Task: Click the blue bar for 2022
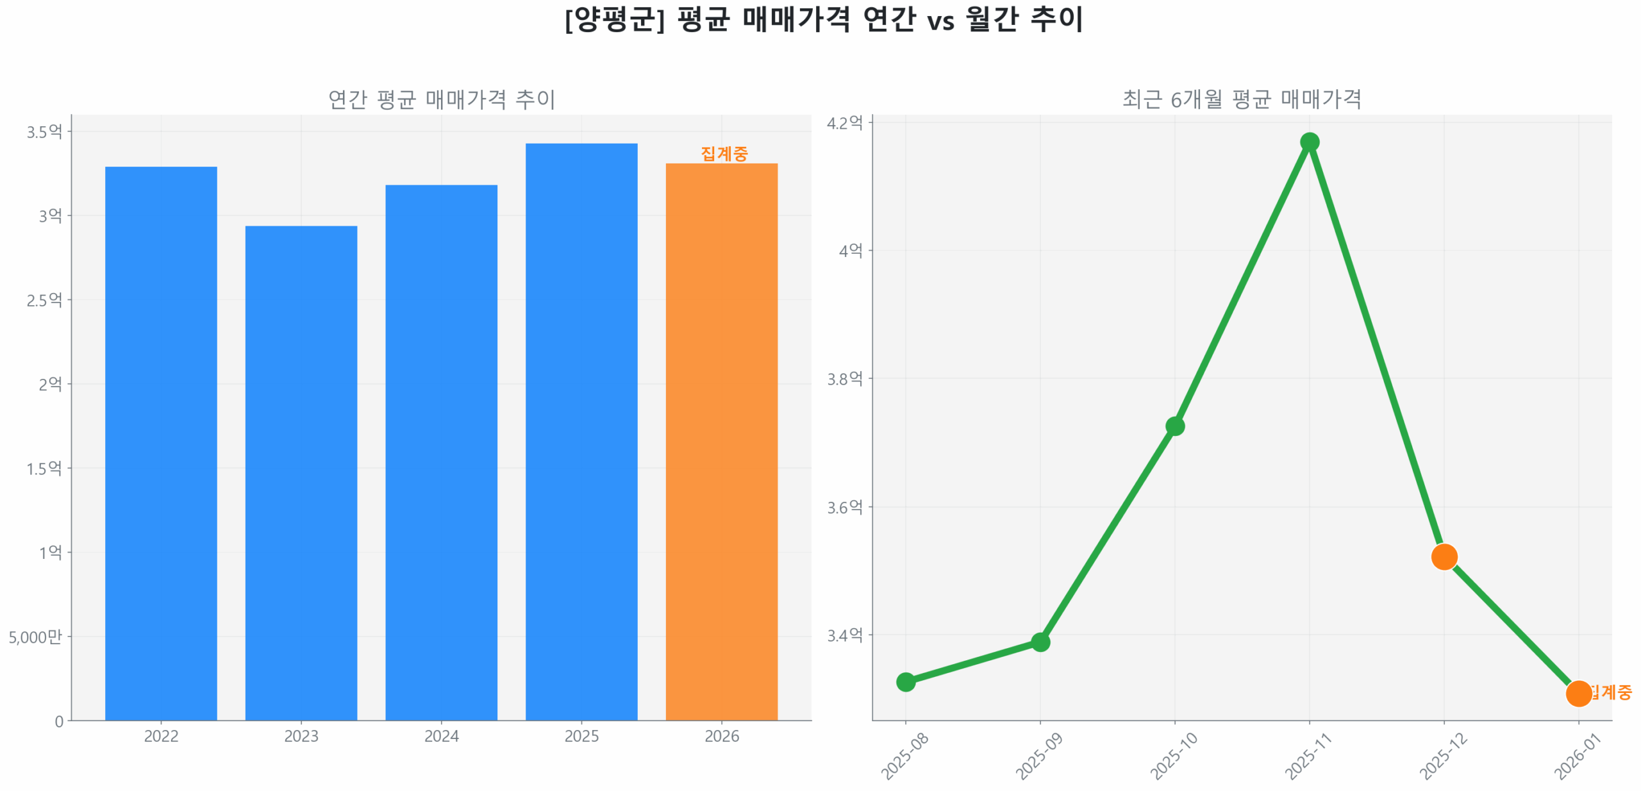pyautogui.click(x=161, y=442)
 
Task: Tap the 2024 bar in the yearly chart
pyautogui.click(x=441, y=452)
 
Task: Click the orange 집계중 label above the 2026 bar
pyautogui.click(x=724, y=153)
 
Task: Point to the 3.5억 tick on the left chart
pyautogui.click(x=44, y=132)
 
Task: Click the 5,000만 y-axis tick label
pyautogui.click(x=35, y=637)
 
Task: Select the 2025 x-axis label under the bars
pyautogui.click(x=581, y=736)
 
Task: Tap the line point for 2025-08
pyautogui.click(x=905, y=681)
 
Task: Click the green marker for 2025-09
pyautogui.click(x=1040, y=642)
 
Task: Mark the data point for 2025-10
pyautogui.click(x=1174, y=426)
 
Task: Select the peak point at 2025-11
pyautogui.click(x=1309, y=142)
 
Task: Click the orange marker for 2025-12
pyautogui.click(x=1444, y=556)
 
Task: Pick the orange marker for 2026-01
pyautogui.click(x=1578, y=693)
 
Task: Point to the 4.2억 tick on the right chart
pyautogui.click(x=844, y=122)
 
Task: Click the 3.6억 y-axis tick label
pyautogui.click(x=844, y=507)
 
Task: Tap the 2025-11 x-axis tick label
pyautogui.click(x=1308, y=756)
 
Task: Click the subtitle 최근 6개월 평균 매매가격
pyautogui.click(x=1241, y=99)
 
